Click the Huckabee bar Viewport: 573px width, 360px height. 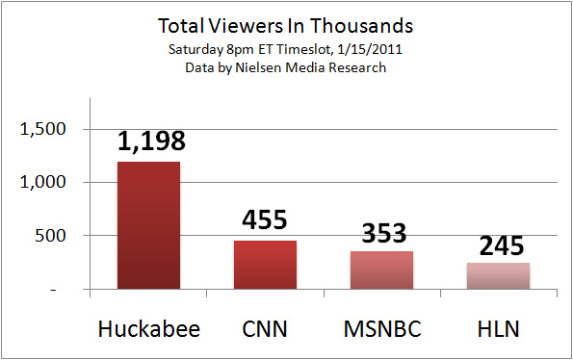(x=148, y=225)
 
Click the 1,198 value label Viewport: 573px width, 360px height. (x=150, y=142)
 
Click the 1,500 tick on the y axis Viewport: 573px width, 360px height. (x=47, y=129)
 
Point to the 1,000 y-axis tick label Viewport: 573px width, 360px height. (x=47, y=183)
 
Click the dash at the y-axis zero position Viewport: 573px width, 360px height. (x=65, y=289)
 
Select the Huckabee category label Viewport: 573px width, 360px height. (x=148, y=330)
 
